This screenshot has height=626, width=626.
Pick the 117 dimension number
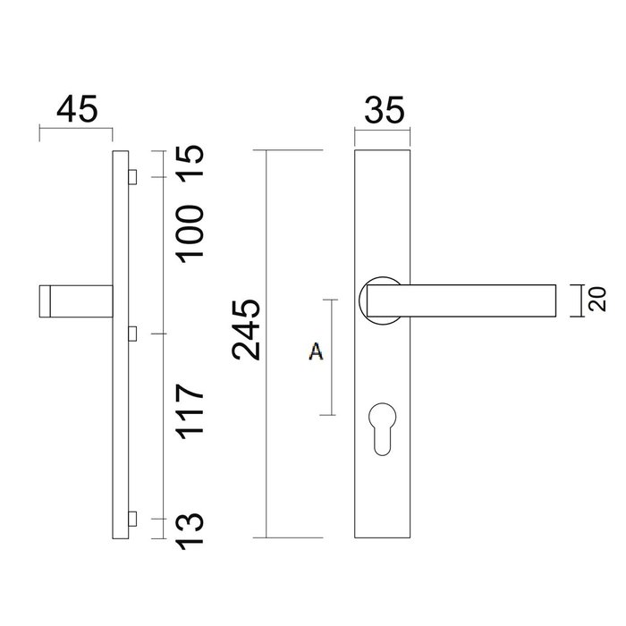click(x=191, y=412)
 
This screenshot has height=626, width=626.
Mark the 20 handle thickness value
click(x=597, y=299)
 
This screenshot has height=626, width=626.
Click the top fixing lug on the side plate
click(x=133, y=175)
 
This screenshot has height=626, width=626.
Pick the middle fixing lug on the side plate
click(x=133, y=334)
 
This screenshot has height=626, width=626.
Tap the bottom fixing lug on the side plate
click(x=133, y=519)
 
